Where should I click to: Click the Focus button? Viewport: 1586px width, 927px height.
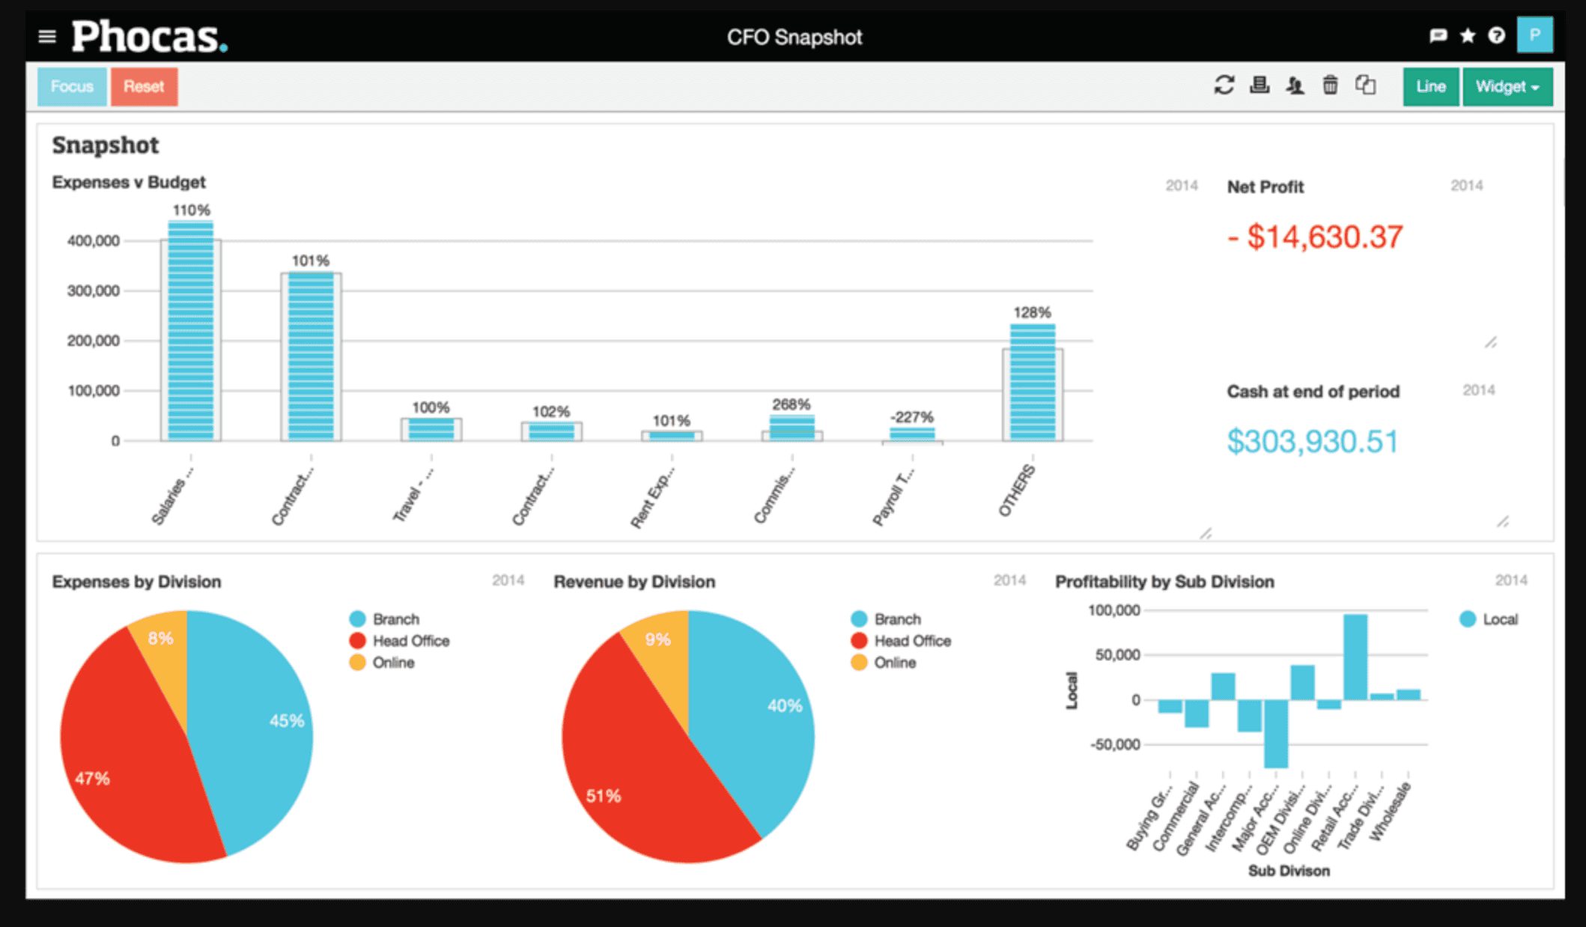pos(72,87)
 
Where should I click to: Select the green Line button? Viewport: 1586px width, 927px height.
pos(1430,87)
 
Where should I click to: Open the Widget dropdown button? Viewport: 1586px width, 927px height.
pos(1507,87)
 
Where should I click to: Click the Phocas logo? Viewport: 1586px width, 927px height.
pos(149,37)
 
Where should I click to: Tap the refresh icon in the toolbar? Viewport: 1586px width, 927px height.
pos(1224,85)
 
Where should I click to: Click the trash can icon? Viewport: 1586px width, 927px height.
pos(1330,85)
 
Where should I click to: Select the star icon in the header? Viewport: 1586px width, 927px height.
pos(1467,36)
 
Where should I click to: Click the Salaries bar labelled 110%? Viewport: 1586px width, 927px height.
pos(190,329)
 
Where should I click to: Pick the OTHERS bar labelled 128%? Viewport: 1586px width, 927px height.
pos(1032,382)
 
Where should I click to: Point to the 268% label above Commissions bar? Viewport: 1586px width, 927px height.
pos(792,404)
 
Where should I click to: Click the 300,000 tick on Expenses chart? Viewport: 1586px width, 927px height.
pos(94,291)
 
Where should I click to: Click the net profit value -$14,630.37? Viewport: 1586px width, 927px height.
pos(1315,237)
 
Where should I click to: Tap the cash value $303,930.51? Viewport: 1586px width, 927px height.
pos(1312,441)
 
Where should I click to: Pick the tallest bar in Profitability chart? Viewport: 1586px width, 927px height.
pos(1355,657)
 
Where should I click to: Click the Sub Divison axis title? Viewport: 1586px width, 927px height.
pos(1289,871)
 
